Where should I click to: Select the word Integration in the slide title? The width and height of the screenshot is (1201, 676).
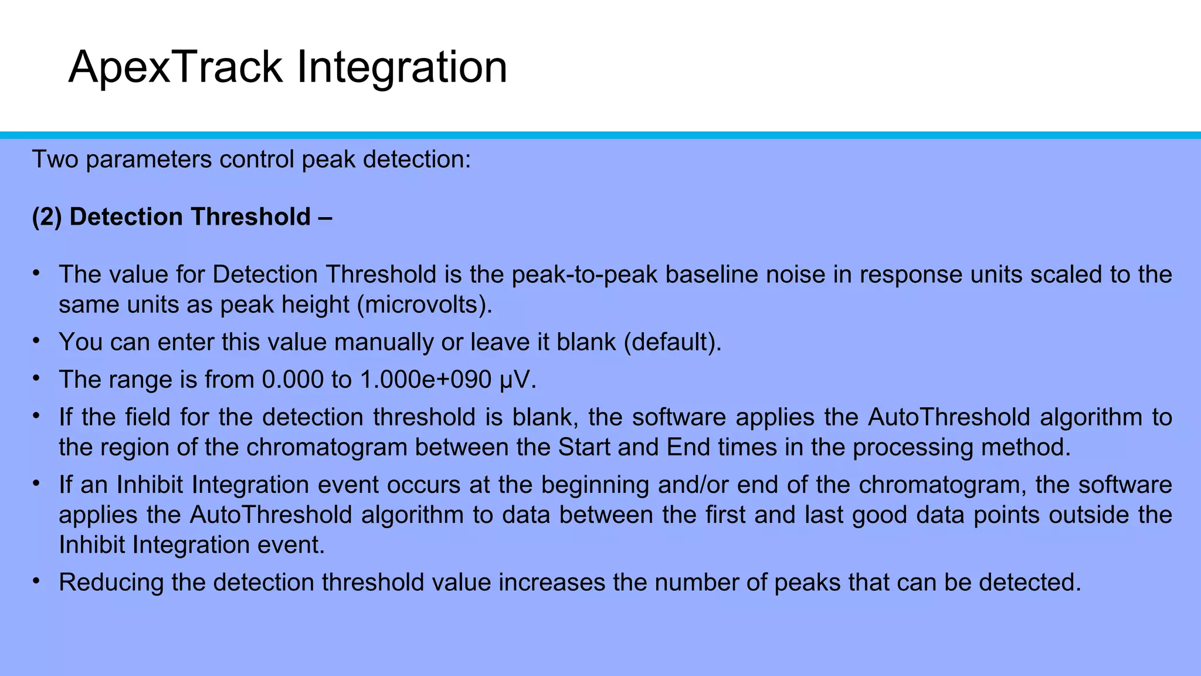pyautogui.click(x=402, y=68)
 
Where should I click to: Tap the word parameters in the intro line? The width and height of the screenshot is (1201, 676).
pyautogui.click(x=149, y=159)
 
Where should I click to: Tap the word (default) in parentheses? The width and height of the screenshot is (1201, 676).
pyautogui.click(x=672, y=342)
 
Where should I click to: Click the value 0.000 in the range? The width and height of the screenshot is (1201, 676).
pyautogui.click(x=292, y=380)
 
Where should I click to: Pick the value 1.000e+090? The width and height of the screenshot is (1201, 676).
pyautogui.click(x=425, y=380)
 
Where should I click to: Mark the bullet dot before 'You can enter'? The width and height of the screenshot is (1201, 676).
pyautogui.click(x=36, y=340)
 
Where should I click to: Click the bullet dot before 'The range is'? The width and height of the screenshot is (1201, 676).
pyautogui.click(x=36, y=378)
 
